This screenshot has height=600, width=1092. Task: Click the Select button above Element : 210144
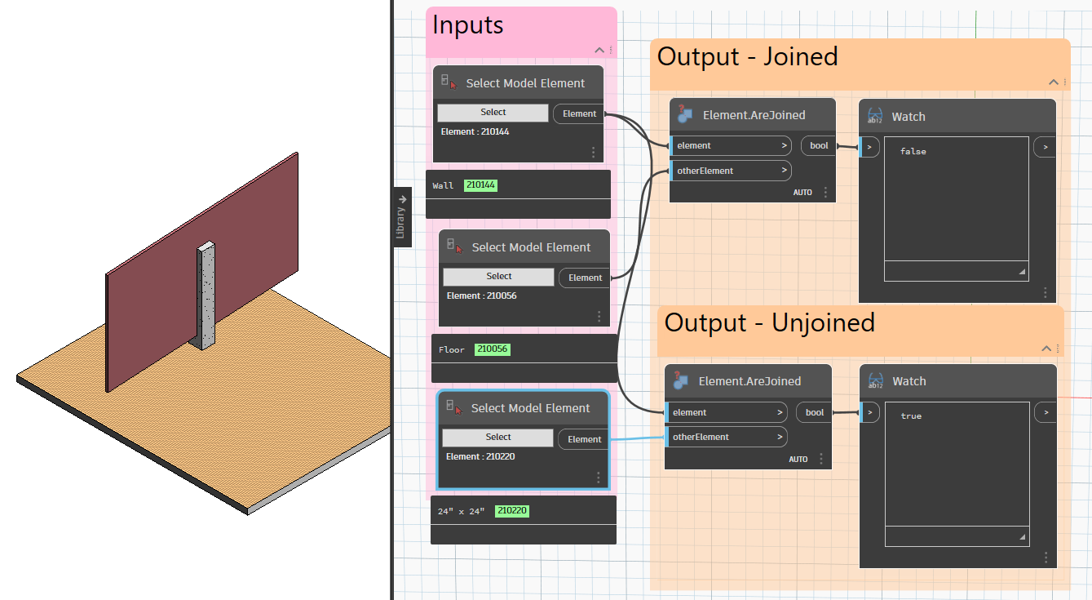[x=493, y=112]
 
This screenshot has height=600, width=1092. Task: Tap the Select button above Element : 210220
[x=497, y=437]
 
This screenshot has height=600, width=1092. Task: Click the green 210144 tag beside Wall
[x=480, y=184]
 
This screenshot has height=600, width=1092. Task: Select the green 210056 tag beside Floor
[x=493, y=349]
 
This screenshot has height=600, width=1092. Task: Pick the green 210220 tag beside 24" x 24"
[x=512, y=511]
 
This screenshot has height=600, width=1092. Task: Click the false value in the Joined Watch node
[x=913, y=151]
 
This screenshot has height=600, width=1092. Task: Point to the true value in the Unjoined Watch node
[x=911, y=416]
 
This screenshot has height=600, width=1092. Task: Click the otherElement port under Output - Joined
[x=731, y=171]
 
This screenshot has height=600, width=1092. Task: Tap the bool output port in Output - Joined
[x=819, y=145]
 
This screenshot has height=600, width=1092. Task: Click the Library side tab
[x=402, y=216]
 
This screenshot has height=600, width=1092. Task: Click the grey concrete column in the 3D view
[x=206, y=296]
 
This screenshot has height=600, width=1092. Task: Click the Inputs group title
[x=467, y=24]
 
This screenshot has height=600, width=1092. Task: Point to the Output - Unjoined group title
[x=769, y=323]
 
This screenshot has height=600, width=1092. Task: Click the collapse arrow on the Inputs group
[x=599, y=51]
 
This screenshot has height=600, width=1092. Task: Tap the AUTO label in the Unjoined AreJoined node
[x=798, y=459]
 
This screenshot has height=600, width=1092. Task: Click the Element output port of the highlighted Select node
[x=584, y=439]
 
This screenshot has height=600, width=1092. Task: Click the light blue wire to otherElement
[x=638, y=438]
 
